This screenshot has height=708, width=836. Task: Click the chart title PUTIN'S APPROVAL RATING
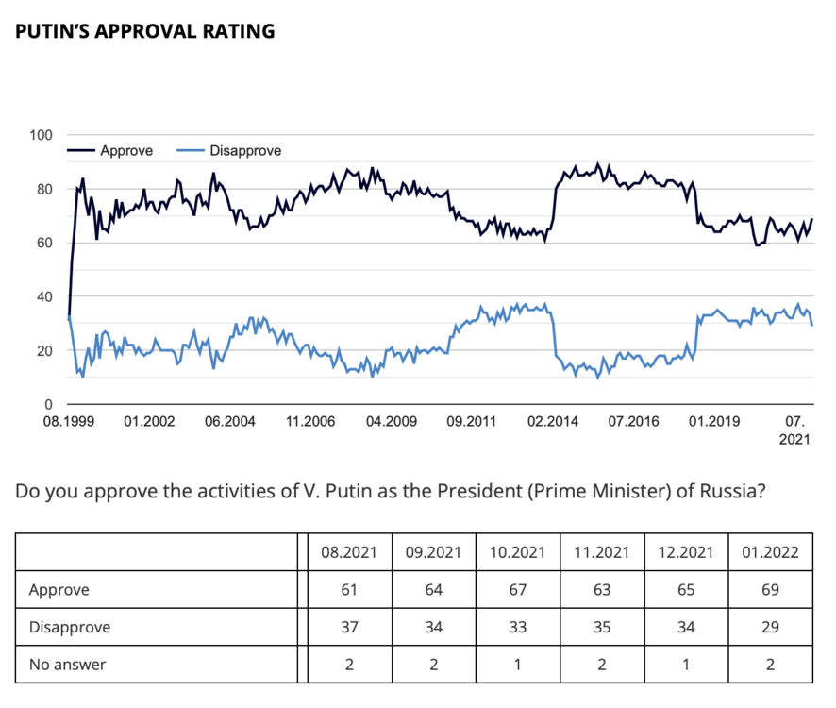tap(145, 31)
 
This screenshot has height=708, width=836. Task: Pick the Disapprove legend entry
tap(244, 150)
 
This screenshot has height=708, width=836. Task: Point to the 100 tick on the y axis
tap(41, 135)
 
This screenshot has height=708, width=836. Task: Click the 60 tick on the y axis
tap(44, 244)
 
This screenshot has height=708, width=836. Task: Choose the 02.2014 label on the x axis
tap(553, 422)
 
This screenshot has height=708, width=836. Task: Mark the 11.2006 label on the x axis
tap(311, 422)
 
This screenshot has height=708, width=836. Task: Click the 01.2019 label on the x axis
tap(713, 422)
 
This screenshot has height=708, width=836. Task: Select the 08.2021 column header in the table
tap(348, 552)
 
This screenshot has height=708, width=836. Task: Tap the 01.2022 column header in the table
tap(770, 552)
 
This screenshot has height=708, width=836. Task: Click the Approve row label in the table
tap(59, 590)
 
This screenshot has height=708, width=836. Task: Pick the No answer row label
tap(67, 665)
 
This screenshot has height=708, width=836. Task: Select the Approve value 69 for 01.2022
tap(770, 590)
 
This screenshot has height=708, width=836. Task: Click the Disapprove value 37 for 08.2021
tap(348, 627)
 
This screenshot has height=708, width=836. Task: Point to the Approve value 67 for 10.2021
tap(517, 590)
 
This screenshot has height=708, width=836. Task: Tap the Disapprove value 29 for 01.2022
tap(770, 627)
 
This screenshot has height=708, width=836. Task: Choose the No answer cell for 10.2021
tap(517, 665)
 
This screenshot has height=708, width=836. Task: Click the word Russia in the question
tap(724, 492)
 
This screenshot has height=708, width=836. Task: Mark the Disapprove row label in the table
tap(69, 627)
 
